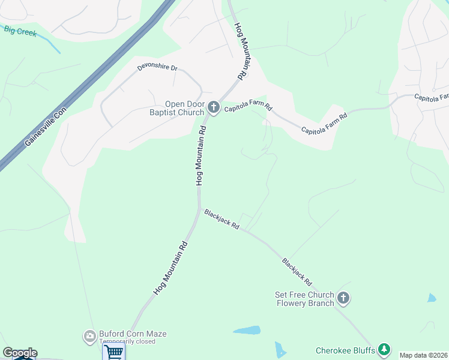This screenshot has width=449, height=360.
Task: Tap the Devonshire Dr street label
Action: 157,67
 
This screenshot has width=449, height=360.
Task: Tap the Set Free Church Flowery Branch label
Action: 304,299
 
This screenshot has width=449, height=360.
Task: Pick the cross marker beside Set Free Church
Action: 343,298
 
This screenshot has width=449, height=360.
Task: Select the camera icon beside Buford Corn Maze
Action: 90,335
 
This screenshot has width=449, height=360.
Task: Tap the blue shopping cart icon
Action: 113,352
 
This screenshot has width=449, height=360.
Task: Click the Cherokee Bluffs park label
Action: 346,350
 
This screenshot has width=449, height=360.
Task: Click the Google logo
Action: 20,353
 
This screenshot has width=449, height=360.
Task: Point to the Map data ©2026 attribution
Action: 424,355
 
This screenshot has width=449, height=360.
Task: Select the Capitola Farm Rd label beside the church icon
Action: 249,108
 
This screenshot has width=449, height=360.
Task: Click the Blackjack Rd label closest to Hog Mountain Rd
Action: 221,220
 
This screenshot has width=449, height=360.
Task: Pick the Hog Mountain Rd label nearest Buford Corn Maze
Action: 171,268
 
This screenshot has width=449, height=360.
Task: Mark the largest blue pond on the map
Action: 247,330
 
